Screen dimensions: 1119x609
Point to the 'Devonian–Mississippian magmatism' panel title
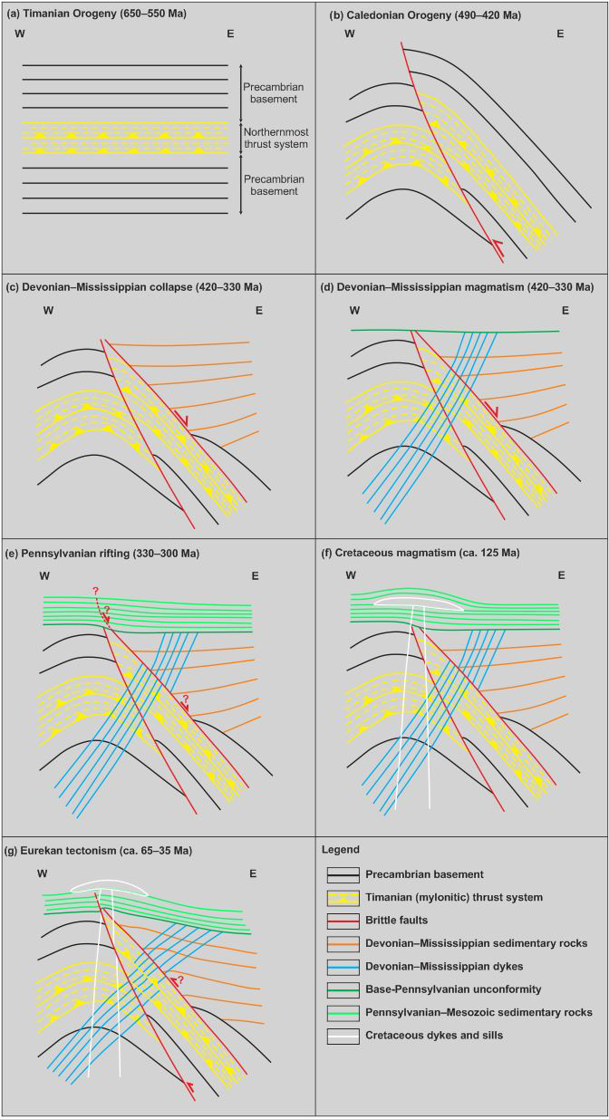[x=458, y=287]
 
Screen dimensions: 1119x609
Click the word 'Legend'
[x=342, y=850]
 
